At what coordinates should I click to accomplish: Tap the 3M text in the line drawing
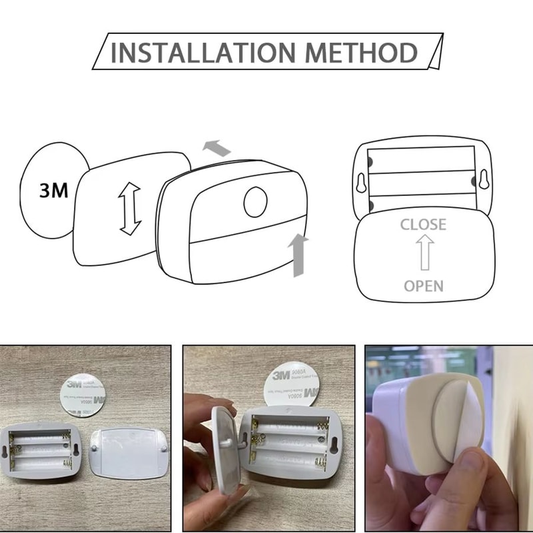(x=54, y=191)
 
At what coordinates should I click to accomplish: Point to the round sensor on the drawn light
(x=255, y=203)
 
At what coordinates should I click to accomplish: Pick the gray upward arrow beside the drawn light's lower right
(x=298, y=254)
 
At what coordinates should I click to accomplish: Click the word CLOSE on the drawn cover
(x=423, y=224)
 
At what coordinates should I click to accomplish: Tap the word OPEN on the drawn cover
(x=423, y=285)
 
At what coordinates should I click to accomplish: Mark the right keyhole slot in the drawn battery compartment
(x=481, y=181)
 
